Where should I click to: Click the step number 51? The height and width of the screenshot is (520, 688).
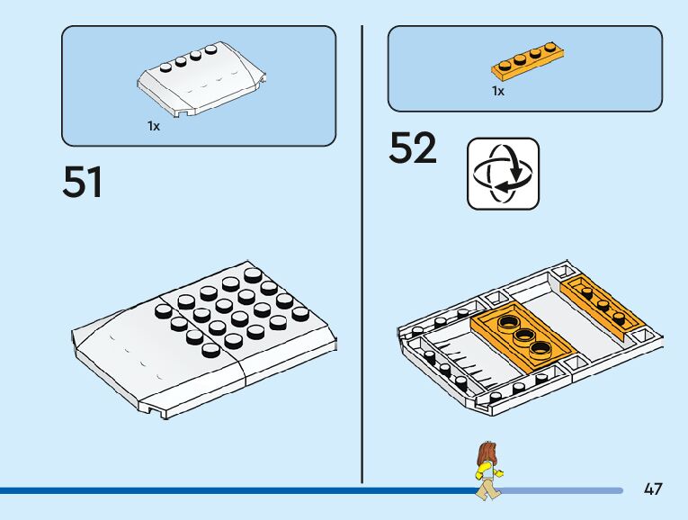tap(83, 183)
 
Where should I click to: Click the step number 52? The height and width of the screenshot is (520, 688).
tap(413, 149)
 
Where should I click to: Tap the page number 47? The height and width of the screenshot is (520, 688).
tap(653, 489)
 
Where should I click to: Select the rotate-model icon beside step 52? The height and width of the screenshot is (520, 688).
tap(503, 174)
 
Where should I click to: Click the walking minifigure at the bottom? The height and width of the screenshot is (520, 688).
tap(487, 471)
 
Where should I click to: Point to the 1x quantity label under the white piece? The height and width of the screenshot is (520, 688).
tap(154, 127)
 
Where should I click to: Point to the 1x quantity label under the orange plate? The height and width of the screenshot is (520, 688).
tap(497, 91)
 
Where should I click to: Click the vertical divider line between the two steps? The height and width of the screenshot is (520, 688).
tap(362, 252)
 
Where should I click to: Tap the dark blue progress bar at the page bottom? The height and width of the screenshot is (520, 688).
tap(234, 490)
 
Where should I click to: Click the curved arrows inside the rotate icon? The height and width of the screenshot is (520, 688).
tap(503, 174)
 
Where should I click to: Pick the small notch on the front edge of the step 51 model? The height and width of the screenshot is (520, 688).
tap(163, 413)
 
